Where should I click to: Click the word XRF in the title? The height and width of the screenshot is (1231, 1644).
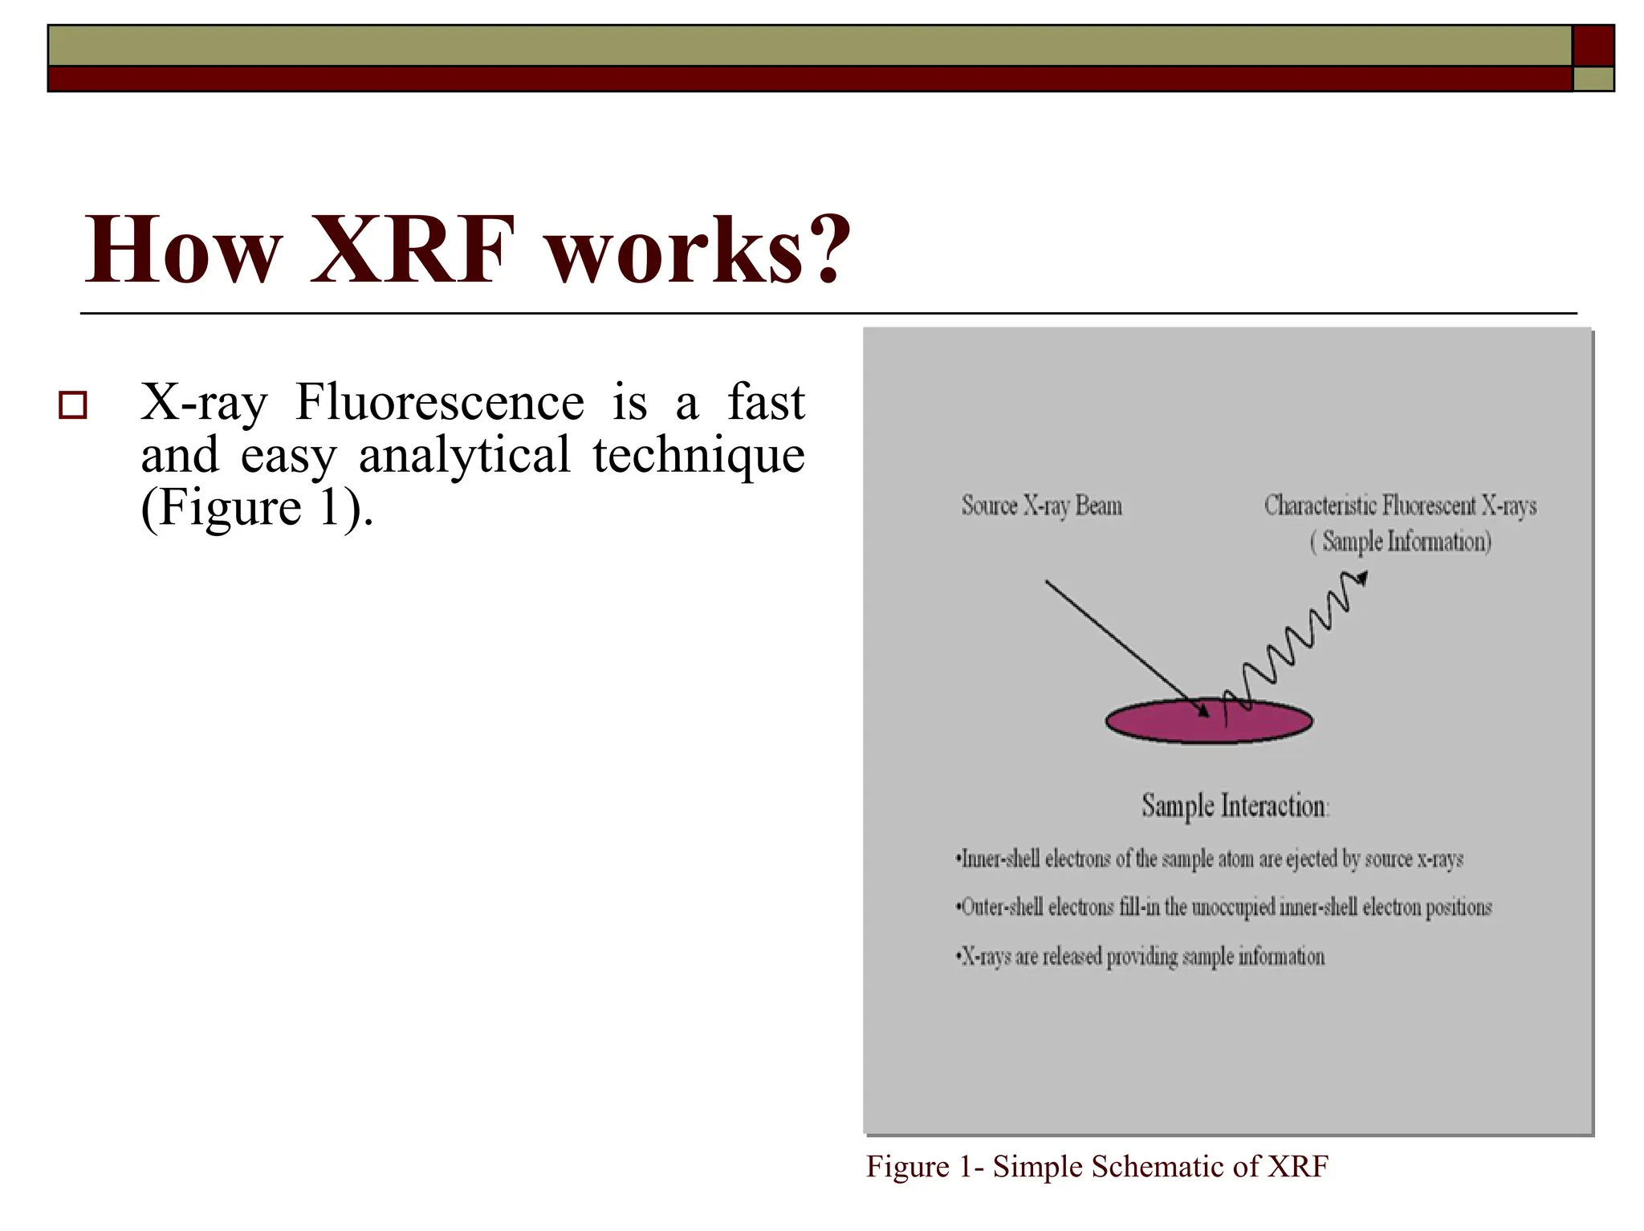412,250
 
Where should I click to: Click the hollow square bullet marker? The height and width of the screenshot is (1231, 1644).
73,405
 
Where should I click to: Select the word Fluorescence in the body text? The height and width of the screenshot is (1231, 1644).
439,402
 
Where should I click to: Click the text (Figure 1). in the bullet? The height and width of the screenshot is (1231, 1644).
257,508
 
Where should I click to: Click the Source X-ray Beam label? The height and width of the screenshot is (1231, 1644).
1041,506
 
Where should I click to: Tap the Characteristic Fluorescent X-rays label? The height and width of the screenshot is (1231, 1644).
1400,506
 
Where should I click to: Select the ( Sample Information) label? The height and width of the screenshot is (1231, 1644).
1400,542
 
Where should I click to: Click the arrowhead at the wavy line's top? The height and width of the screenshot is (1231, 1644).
1361,578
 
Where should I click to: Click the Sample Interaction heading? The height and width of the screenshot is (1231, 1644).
1235,806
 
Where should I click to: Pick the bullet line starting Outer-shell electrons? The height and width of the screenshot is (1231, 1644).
1223,908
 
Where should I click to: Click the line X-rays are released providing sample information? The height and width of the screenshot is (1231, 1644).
1140,957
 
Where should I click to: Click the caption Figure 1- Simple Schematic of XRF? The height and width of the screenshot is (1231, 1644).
1097,1167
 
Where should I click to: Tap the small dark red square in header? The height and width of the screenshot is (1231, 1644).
1593,46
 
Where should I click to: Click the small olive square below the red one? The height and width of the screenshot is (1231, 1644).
1593,79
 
